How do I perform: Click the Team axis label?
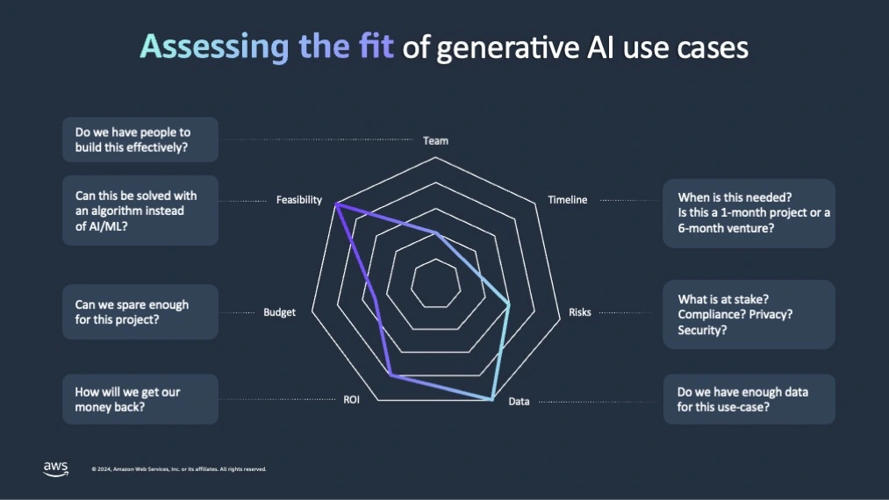[x=435, y=140]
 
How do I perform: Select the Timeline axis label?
[x=567, y=200]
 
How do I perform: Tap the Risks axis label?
[x=579, y=312]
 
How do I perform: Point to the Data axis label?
[x=519, y=402]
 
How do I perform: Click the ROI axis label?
[x=351, y=400]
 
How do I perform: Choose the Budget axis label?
[x=279, y=312]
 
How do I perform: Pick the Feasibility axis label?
[x=298, y=200]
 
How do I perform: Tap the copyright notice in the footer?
[x=178, y=469]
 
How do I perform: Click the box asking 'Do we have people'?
[x=140, y=139]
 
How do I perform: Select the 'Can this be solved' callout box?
[x=140, y=211]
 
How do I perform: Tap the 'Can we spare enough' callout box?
[x=140, y=312]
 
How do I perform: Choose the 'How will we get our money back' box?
[x=140, y=399]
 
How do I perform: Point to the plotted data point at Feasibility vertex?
[x=335, y=204]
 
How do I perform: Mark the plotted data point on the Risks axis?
[x=509, y=304]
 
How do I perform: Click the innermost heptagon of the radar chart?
[x=435, y=283]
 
